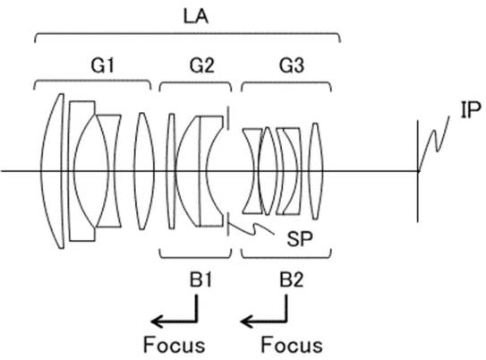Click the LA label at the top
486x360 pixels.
[x=196, y=16]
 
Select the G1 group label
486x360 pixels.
[x=103, y=65]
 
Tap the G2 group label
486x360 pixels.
[x=201, y=65]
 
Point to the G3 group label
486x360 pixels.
[x=292, y=65]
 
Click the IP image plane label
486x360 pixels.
[x=471, y=110]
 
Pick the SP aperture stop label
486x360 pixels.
[x=300, y=239]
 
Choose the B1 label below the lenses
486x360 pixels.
[x=201, y=280]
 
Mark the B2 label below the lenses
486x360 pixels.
[x=292, y=280]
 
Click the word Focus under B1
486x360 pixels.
[x=174, y=345]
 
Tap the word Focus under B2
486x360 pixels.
[x=292, y=345]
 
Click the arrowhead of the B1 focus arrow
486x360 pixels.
[x=154, y=321]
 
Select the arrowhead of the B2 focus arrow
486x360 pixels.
[x=244, y=321]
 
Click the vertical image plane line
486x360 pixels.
[x=417, y=171]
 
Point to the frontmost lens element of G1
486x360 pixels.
[x=53, y=171]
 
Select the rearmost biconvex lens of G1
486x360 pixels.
[x=144, y=171]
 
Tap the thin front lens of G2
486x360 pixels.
[x=171, y=171]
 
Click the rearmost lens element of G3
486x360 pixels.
[x=316, y=171]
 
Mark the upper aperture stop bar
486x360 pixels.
[x=228, y=118]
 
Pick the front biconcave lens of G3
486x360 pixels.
[x=252, y=171]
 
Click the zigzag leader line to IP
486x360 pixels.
[x=434, y=142]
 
